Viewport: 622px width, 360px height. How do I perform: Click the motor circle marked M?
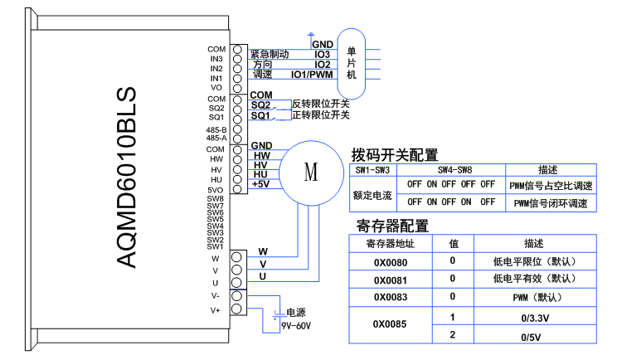click(x=311, y=173)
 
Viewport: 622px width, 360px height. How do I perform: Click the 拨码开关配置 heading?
click(x=395, y=154)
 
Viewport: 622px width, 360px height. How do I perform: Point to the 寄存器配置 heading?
click(x=392, y=226)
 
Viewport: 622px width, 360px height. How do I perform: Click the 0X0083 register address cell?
click(x=391, y=296)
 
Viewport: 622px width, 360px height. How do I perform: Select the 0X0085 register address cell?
click(x=391, y=324)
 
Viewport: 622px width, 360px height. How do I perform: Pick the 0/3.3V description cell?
click(x=534, y=317)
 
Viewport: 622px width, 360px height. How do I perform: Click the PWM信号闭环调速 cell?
click(x=551, y=202)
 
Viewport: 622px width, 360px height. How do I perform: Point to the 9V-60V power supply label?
click(x=297, y=326)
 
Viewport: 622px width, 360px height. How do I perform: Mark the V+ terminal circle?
click(x=237, y=310)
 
